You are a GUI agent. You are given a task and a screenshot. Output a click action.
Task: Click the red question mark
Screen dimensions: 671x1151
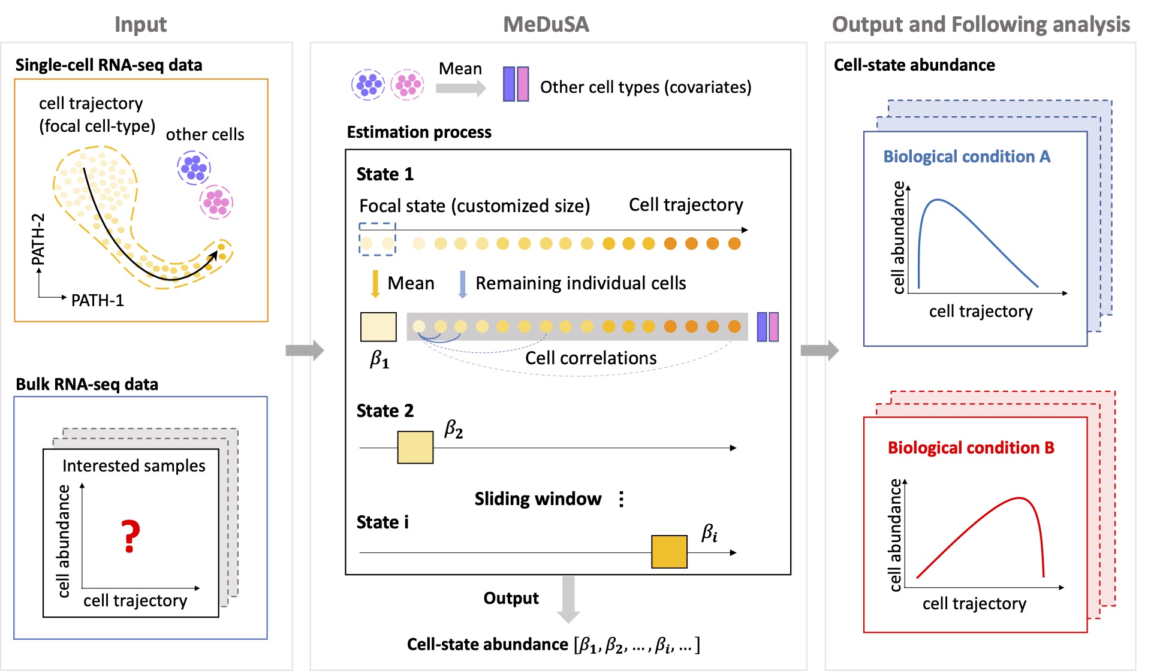coord(130,536)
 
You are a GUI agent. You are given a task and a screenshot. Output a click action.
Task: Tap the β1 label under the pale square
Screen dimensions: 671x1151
coord(379,359)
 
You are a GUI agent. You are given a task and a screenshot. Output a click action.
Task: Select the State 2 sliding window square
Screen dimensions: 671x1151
coord(415,447)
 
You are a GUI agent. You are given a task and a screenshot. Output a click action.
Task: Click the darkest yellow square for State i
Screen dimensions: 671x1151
coord(669,551)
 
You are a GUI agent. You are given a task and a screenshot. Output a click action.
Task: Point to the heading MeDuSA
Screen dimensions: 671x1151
coord(546,25)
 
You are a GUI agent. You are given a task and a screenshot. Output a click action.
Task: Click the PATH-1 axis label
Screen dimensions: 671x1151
coord(97,300)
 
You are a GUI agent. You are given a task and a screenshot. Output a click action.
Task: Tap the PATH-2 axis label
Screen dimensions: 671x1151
coord(38,238)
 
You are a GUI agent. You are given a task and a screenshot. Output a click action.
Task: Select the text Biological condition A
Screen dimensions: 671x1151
coord(966,157)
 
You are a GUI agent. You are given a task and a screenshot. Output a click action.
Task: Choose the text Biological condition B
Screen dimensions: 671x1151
coord(971,448)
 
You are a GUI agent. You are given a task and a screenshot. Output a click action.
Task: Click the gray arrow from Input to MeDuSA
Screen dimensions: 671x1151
coord(305,350)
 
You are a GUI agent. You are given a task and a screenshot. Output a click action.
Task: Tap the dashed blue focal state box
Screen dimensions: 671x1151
coord(377,239)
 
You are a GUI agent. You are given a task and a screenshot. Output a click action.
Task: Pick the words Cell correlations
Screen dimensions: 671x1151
coord(590,358)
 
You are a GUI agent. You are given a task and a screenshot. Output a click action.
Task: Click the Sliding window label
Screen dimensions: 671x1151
coord(538,499)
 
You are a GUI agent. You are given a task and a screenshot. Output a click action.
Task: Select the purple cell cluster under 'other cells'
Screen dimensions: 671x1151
coord(194,167)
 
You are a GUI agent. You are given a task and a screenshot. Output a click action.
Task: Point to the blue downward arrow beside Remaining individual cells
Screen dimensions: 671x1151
coord(462,284)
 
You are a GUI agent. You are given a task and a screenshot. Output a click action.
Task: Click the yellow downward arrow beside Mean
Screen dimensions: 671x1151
coord(375,283)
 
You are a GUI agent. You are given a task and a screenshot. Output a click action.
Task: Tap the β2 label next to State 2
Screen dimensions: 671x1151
coord(453,430)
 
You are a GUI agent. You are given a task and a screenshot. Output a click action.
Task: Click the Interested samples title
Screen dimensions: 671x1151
coord(134,466)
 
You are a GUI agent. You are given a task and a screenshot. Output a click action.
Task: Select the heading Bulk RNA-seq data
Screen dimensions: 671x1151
coord(87,384)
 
